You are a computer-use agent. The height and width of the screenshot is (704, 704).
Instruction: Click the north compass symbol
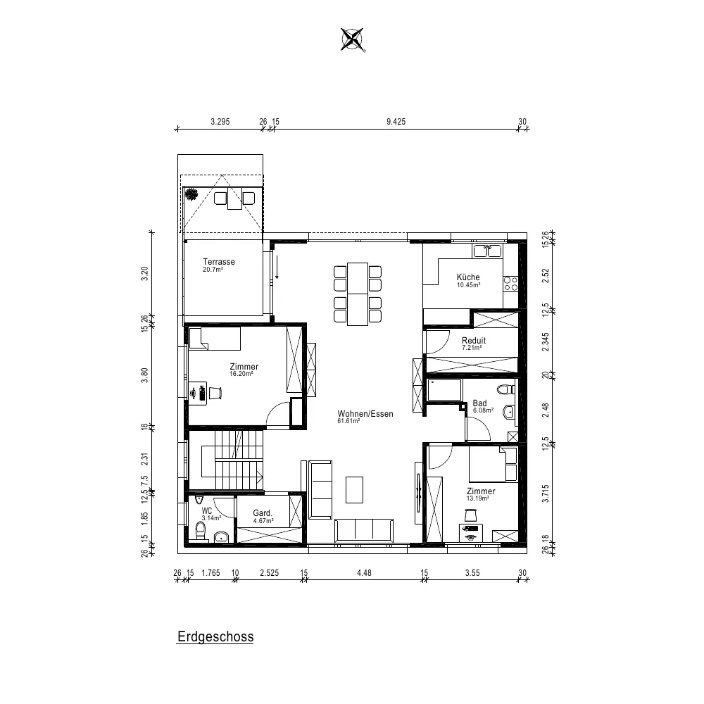click(x=352, y=39)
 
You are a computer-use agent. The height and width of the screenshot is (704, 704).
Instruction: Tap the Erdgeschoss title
click(x=215, y=636)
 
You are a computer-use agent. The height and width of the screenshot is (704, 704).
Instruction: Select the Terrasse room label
click(x=219, y=261)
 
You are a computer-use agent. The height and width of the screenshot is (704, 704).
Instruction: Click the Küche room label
click(x=468, y=277)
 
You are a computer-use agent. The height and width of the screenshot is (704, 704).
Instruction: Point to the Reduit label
click(x=474, y=340)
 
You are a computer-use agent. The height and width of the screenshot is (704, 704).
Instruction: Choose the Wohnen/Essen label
click(x=365, y=413)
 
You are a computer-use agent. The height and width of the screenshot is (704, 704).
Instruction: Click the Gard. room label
click(x=263, y=513)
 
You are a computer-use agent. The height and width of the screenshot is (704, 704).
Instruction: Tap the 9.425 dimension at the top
click(x=396, y=121)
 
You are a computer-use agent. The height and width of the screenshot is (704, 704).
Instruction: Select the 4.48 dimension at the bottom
click(x=364, y=572)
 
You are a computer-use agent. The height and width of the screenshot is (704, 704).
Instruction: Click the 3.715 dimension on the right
click(x=546, y=493)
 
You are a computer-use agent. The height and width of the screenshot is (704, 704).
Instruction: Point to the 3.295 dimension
click(x=220, y=121)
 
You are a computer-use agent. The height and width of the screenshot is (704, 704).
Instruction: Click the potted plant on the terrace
click(x=191, y=194)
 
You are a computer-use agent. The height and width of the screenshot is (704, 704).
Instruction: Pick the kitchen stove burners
click(x=510, y=284)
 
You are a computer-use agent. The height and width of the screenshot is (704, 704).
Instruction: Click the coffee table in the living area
click(x=354, y=489)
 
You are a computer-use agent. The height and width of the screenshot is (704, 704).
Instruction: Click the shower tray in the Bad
click(x=444, y=390)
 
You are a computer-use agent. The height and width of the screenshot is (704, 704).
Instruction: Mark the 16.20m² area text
click(x=241, y=374)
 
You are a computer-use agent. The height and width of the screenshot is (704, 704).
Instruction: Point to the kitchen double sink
click(x=487, y=251)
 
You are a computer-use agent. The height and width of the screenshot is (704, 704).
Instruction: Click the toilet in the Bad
click(x=507, y=389)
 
